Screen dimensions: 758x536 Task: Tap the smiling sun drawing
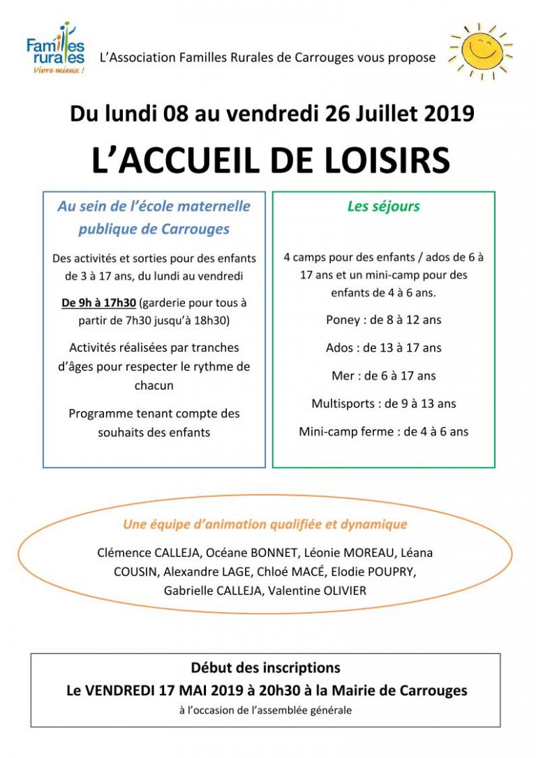tap(481, 50)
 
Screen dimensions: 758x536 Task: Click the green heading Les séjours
tap(383, 207)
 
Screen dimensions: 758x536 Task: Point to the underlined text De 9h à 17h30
tap(99, 304)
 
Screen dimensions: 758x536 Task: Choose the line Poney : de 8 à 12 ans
tap(383, 320)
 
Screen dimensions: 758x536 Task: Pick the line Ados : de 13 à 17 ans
tap(383, 348)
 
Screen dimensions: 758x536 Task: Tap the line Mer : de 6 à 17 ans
tap(383, 376)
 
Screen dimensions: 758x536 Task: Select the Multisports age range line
tap(383, 403)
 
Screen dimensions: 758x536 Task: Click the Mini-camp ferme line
tap(383, 431)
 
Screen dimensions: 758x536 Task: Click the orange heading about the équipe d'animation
tap(265, 524)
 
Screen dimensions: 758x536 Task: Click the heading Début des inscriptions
tap(265, 668)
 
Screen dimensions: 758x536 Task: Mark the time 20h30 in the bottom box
tap(282, 691)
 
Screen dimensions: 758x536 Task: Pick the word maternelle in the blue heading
tap(216, 207)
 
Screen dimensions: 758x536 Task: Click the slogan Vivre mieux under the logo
tap(59, 71)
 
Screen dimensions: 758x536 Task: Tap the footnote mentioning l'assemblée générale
tap(265, 711)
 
